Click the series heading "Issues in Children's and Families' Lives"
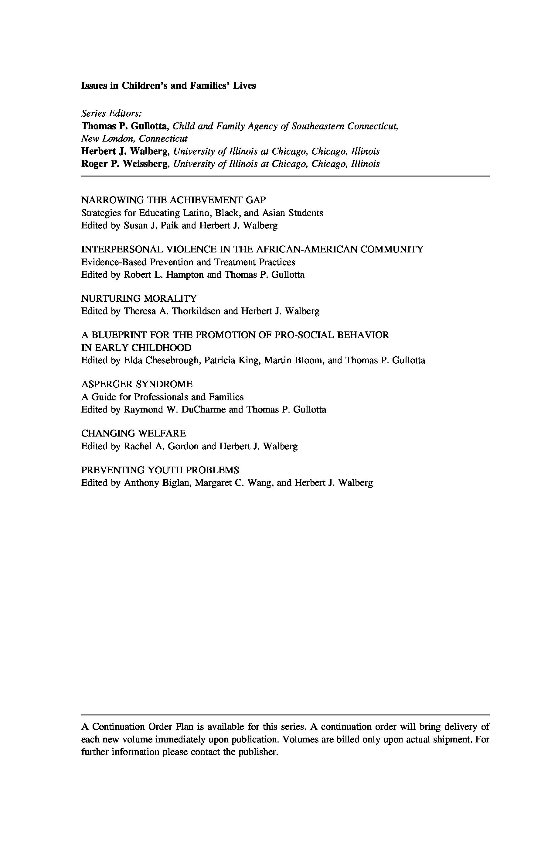click(168, 86)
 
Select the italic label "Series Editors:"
click(112, 113)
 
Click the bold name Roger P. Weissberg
click(125, 164)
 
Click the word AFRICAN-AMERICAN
click(307, 249)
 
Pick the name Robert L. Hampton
click(164, 275)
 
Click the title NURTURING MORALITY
click(139, 298)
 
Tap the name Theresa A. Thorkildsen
click(172, 311)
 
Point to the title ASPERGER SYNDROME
click(137, 384)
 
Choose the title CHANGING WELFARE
click(134, 433)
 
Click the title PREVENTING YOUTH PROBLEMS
click(160, 470)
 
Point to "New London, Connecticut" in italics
click(134, 139)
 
